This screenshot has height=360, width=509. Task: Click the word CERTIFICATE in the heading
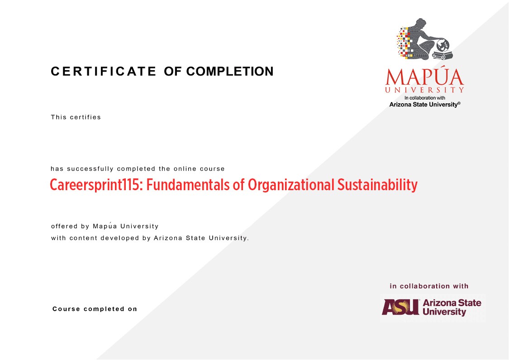coord(104,72)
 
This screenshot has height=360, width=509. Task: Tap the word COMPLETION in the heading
coord(230,72)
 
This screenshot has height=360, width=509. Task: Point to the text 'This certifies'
coord(76,117)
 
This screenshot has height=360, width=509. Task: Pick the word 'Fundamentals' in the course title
coord(188,185)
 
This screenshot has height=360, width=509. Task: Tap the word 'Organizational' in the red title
coord(291,185)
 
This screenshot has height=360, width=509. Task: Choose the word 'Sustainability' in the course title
coord(377,185)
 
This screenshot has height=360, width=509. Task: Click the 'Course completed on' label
coord(95,309)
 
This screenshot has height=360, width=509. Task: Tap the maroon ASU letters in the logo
coord(400,307)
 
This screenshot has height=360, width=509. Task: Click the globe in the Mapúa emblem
coord(442,45)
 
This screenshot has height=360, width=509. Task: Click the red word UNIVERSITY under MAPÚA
coord(424,90)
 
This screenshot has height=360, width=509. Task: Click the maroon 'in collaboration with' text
coord(429,286)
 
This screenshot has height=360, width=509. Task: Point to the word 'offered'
coord(64,226)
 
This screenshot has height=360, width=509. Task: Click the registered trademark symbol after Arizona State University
coord(459,103)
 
